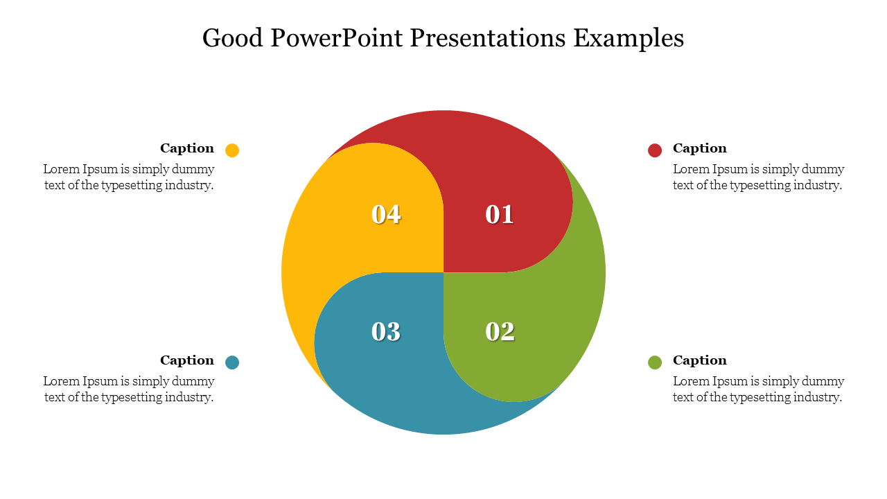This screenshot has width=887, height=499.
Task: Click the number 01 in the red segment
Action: tap(500, 215)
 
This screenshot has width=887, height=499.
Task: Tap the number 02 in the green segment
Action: tap(500, 331)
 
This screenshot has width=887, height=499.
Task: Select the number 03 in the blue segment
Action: tap(386, 331)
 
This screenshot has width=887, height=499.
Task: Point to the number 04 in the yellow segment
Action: tap(386, 215)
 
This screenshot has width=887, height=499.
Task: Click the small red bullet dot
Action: tap(655, 150)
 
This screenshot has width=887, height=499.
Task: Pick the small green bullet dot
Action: tap(655, 362)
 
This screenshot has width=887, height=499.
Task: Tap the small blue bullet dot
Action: tap(232, 362)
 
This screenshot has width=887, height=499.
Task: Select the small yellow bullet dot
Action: tap(232, 150)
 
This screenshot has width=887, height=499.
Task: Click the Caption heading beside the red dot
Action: tap(700, 148)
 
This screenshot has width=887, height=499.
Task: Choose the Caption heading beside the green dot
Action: tap(700, 360)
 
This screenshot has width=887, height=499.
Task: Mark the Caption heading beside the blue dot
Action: tap(187, 360)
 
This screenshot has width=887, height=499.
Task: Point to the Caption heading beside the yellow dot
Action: tap(187, 148)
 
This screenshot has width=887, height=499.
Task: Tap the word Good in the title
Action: tap(232, 38)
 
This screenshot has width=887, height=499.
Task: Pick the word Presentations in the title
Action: tap(487, 38)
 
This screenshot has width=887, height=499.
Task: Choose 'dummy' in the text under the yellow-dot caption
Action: tap(193, 170)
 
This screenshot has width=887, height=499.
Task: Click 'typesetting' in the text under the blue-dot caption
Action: tap(132, 398)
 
